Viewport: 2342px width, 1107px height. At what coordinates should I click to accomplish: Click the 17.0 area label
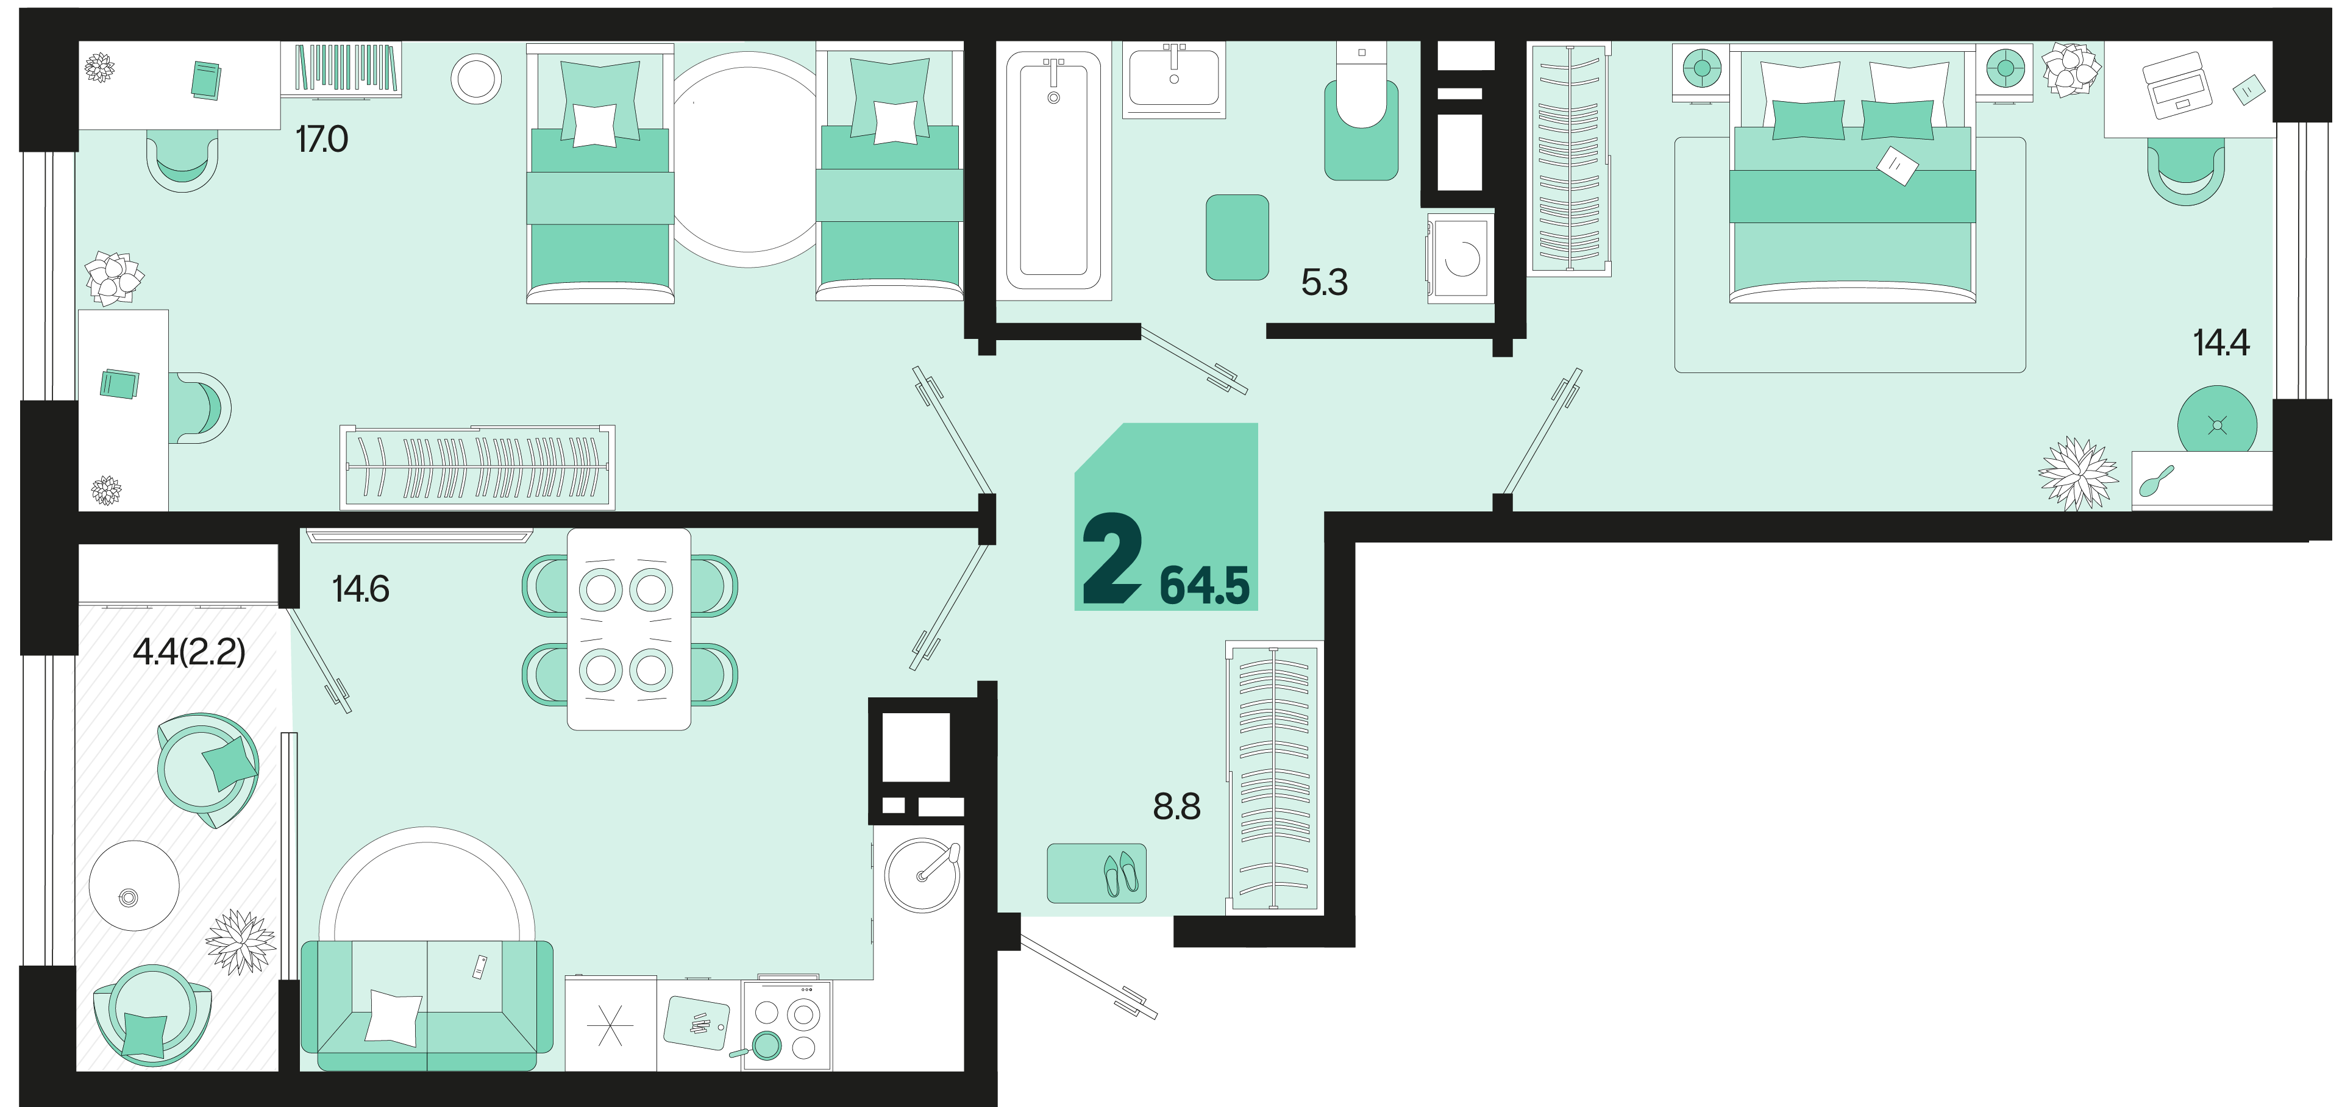pyautogui.click(x=322, y=139)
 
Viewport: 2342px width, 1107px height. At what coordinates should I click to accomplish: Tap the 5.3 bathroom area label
pyautogui.click(x=1325, y=283)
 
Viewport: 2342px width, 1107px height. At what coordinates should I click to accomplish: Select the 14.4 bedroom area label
pyautogui.click(x=2221, y=343)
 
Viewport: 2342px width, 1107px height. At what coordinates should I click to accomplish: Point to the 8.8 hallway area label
pyautogui.click(x=1176, y=806)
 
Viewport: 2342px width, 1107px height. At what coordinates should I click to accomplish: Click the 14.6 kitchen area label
pyautogui.click(x=361, y=589)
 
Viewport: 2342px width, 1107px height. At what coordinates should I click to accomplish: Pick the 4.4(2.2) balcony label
pyautogui.click(x=189, y=652)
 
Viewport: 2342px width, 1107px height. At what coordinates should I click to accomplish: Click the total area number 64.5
pyautogui.click(x=1205, y=585)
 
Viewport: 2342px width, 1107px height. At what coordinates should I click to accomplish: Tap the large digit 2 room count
pyautogui.click(x=1111, y=557)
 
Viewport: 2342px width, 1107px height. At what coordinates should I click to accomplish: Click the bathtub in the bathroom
pyautogui.click(x=1054, y=171)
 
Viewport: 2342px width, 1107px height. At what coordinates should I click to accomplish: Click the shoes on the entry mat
pyautogui.click(x=1120, y=874)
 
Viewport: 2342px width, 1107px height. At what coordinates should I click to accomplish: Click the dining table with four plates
pyautogui.click(x=629, y=629)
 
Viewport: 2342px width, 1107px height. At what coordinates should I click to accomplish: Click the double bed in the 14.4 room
pyautogui.click(x=1852, y=174)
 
